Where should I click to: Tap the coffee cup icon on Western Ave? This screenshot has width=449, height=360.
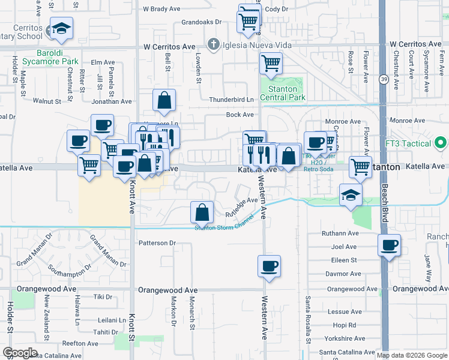(269, 265)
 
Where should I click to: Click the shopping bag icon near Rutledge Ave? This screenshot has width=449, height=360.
(202, 211)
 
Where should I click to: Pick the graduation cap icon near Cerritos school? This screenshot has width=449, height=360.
(61, 29)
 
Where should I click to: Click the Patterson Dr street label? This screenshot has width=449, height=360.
(156, 243)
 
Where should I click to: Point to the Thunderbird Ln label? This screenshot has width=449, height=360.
(232, 100)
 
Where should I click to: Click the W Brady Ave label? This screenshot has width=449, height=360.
(162, 10)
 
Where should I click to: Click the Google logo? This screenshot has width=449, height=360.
(20, 353)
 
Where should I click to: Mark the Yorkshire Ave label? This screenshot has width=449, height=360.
(344, 338)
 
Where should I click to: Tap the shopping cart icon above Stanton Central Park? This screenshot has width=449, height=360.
(271, 62)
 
